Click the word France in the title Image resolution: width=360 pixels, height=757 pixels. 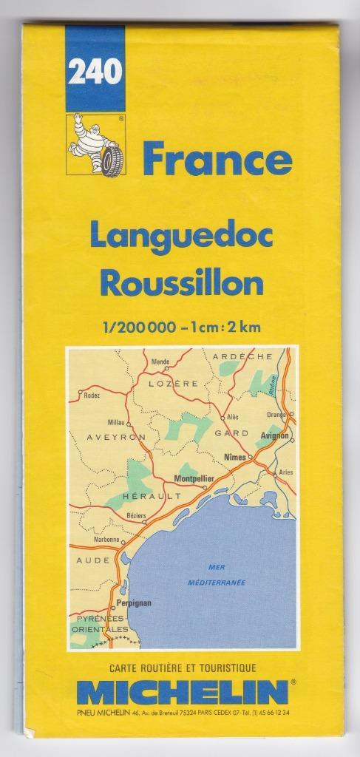(x=217, y=160)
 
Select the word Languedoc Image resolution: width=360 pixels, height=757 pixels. (x=181, y=236)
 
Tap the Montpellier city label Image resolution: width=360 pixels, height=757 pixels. (x=193, y=478)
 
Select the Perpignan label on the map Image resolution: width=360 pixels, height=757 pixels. (x=133, y=602)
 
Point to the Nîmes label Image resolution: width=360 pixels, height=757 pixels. (x=234, y=456)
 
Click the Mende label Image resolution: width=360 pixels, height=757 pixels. (x=160, y=361)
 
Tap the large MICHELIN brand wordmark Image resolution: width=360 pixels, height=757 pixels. (x=181, y=693)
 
